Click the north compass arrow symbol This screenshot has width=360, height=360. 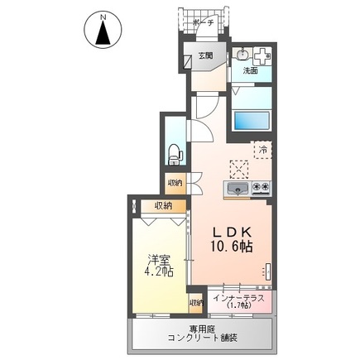click(x=103, y=34)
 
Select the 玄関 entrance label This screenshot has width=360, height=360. click(x=204, y=56)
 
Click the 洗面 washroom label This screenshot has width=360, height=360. click(x=249, y=71)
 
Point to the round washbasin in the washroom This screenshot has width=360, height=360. click(x=242, y=55)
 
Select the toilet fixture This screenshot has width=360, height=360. click(x=174, y=151)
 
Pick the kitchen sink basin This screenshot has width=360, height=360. click(x=238, y=189)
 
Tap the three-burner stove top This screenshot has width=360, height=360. click(x=262, y=189)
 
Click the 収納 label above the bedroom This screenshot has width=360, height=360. click(x=162, y=205)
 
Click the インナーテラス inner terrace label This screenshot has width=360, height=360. click(x=238, y=298)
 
